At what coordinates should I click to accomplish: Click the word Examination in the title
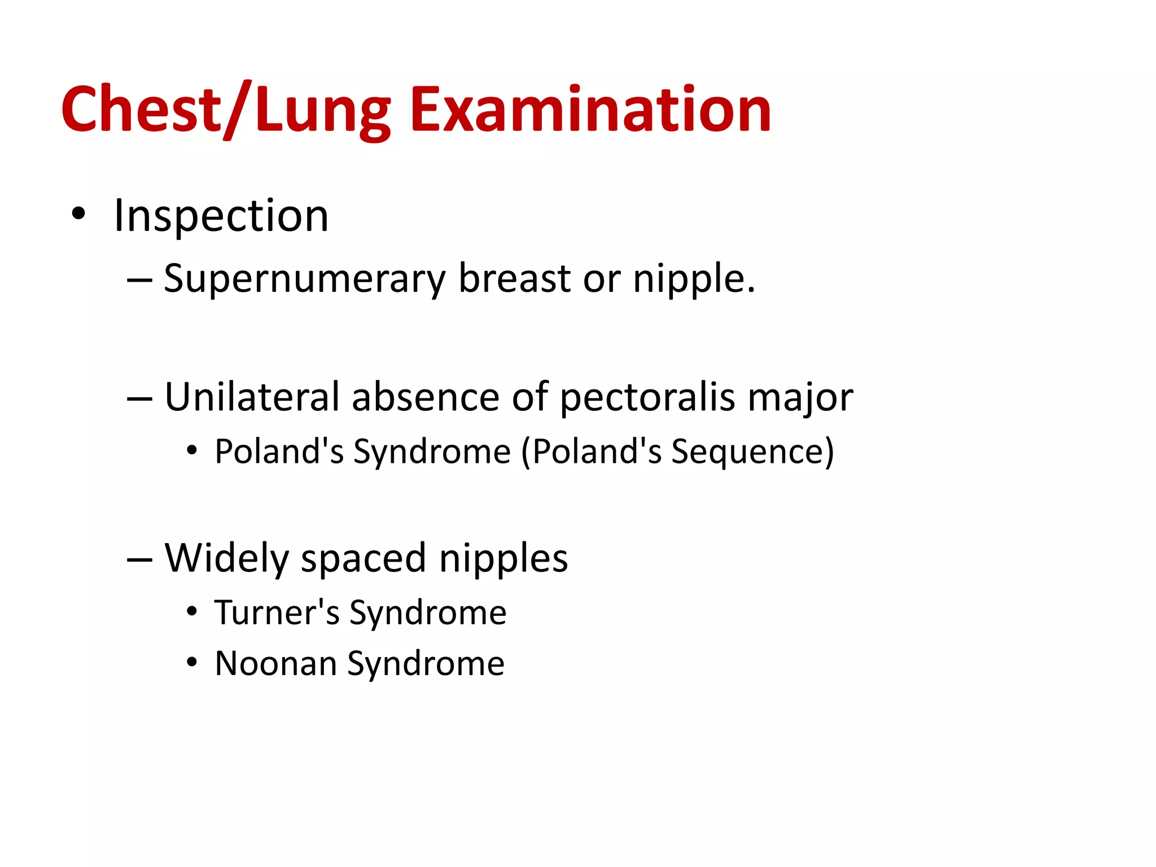590,110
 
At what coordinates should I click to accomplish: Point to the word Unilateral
252,397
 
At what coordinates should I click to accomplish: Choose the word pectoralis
647,398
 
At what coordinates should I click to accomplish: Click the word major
800,398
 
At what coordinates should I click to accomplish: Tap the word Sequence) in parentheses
752,452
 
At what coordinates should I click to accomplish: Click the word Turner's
277,612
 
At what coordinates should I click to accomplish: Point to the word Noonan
276,663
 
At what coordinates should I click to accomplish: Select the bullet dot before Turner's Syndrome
192,611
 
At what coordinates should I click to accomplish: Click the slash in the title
237,110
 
